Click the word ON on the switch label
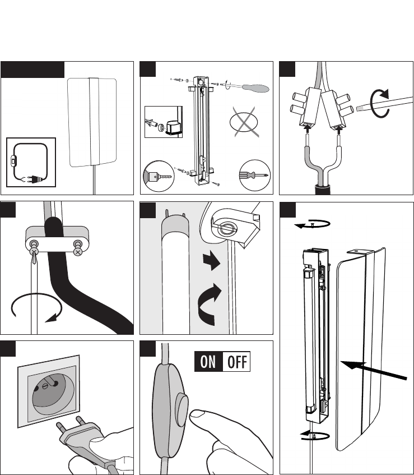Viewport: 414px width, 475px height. (x=208, y=362)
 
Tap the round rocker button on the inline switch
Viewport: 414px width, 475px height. (x=182, y=407)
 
